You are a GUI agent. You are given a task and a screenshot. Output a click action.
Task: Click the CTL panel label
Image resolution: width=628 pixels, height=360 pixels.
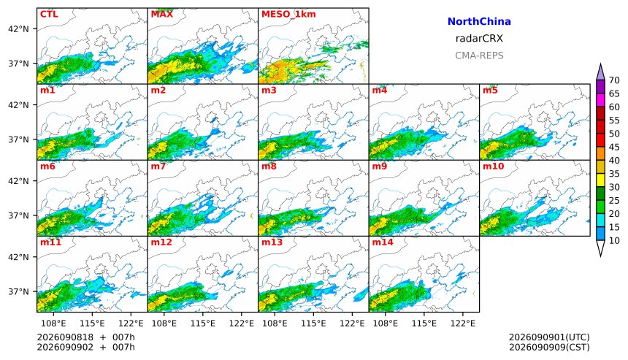[x=49, y=14]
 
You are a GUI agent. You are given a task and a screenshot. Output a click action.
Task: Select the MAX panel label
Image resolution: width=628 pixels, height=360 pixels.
[x=162, y=14]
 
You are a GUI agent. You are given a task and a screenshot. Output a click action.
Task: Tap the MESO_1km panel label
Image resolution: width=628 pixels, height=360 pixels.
[x=288, y=14]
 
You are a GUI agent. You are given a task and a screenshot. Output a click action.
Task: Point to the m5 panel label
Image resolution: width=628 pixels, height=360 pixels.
[x=490, y=90]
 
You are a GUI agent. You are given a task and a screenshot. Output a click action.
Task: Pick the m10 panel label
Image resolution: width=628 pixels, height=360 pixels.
[x=493, y=166]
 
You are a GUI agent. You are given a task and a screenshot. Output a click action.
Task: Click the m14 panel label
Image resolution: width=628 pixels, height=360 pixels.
[x=383, y=242]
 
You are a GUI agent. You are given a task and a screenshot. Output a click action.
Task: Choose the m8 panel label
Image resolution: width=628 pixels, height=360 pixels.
[x=269, y=166]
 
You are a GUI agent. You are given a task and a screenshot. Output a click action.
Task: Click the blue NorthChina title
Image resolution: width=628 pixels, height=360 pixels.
[x=479, y=22]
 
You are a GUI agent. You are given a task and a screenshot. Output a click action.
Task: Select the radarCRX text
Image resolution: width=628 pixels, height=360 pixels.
[x=479, y=39]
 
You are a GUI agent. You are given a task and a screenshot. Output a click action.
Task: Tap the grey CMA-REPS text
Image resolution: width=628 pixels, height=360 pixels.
[x=479, y=55]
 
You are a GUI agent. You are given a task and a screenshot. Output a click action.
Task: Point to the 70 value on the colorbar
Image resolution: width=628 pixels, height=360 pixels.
[x=614, y=80]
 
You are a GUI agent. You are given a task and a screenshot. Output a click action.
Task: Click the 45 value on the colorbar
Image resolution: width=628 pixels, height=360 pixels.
[x=614, y=147]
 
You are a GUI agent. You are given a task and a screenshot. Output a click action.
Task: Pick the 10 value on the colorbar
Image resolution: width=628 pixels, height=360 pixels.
[x=614, y=241]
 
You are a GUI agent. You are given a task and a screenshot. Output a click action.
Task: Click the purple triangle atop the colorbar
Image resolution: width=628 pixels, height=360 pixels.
[x=600, y=73]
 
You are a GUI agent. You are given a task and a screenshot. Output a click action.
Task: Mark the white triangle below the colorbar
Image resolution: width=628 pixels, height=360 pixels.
[x=600, y=247]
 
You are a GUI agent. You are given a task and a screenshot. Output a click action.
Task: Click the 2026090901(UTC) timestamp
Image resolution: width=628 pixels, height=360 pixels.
[x=549, y=337]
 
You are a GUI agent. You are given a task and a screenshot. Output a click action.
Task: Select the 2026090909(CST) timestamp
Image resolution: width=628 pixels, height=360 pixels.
[x=549, y=347]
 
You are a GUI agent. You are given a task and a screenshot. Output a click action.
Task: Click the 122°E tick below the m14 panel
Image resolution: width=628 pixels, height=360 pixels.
[x=463, y=323]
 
